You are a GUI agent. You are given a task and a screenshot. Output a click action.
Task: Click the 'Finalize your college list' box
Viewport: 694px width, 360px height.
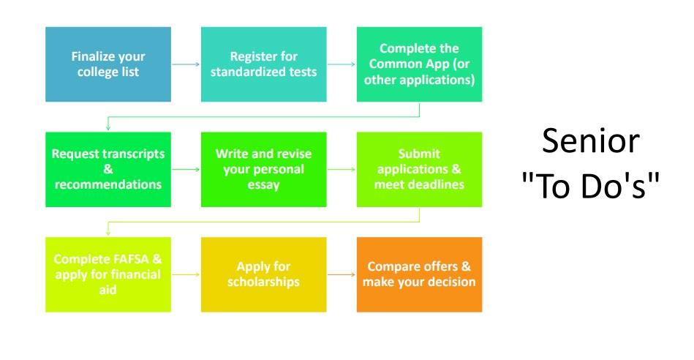click(x=108, y=64)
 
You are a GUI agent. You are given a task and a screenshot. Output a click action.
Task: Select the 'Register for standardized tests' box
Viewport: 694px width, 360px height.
click(x=264, y=64)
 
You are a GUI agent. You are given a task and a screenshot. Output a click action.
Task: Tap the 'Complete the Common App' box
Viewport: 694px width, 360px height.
click(x=419, y=64)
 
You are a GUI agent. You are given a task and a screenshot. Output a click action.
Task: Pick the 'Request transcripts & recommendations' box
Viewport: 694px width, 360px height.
click(x=108, y=169)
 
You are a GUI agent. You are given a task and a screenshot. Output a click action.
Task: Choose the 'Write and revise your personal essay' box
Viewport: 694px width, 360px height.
click(x=264, y=169)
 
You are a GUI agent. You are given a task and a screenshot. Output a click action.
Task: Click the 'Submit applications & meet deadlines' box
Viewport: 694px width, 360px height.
click(x=419, y=169)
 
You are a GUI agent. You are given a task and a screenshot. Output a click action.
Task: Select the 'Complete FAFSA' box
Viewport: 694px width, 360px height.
click(x=108, y=274)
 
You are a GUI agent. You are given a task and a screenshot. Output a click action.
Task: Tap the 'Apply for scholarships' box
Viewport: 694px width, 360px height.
click(x=264, y=274)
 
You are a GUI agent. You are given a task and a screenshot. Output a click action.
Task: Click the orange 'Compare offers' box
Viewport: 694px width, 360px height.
click(x=419, y=274)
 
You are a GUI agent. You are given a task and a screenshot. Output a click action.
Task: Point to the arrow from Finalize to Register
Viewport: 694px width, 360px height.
click(x=186, y=64)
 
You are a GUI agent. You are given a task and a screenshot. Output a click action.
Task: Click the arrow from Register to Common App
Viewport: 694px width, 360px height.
click(x=342, y=64)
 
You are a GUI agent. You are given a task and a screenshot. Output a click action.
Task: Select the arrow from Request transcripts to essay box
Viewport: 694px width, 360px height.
click(x=186, y=169)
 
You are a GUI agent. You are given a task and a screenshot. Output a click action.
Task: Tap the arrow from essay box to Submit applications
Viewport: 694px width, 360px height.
click(x=342, y=169)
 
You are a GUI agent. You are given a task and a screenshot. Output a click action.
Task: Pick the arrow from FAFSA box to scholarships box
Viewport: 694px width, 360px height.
click(x=186, y=274)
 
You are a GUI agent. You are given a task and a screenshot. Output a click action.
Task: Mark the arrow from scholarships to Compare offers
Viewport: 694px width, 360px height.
click(x=342, y=274)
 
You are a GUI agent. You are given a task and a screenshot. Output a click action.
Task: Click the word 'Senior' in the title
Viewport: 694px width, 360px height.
click(x=590, y=141)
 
